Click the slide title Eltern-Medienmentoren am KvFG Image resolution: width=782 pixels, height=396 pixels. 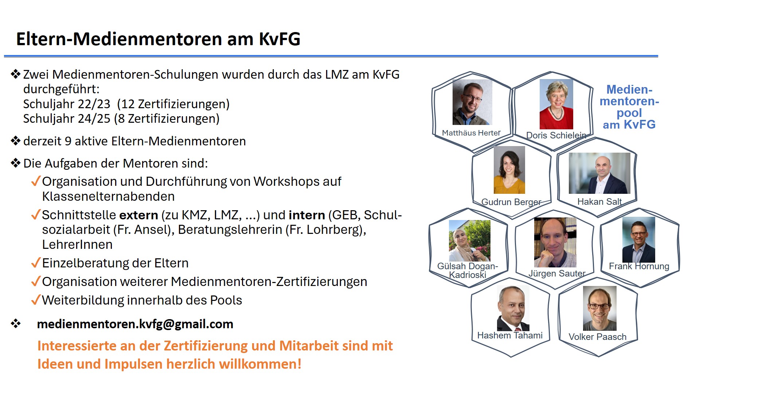tap(158, 39)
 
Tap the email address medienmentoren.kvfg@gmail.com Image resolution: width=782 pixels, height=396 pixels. tap(135, 324)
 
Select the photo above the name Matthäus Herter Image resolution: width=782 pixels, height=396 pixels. tap(472, 102)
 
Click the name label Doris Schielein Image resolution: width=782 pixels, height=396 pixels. tap(556, 135)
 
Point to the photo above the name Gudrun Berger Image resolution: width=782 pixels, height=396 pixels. tap(509, 170)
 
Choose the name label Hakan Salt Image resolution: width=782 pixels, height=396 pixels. tap(599, 201)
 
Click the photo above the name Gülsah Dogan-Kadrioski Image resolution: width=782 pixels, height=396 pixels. tap(470, 241)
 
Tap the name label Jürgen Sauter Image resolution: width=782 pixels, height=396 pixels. tap(557, 273)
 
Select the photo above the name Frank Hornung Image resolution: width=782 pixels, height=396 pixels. tap(639, 240)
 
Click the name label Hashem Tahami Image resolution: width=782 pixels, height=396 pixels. tap(510, 335)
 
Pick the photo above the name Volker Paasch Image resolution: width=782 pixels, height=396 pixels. tap(600, 308)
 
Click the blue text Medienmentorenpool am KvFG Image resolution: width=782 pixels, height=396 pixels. tap(629, 107)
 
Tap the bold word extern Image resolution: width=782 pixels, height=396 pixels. tap(139, 215)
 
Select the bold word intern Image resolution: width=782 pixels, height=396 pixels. tap(307, 215)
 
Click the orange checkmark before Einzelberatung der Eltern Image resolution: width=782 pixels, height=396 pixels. tap(36, 263)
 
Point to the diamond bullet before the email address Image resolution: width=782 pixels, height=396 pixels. tap(16, 324)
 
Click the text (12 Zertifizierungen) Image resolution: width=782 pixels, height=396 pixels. tap(173, 104)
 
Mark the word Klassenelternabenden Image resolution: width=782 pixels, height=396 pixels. tap(108, 197)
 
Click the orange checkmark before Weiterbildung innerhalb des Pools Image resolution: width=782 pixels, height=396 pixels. tap(36, 300)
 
